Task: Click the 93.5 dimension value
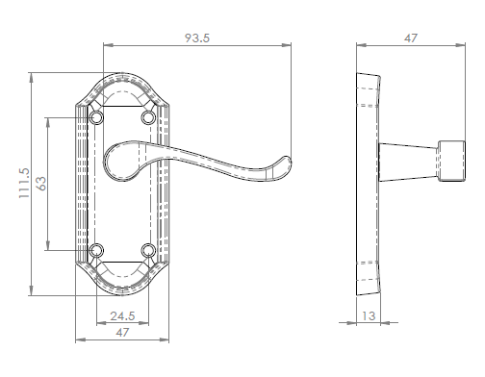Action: pos(197,38)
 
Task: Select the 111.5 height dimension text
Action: pos(24,183)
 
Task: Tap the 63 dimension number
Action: pos(41,184)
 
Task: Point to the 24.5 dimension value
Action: pos(122,316)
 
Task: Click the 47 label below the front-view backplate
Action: pos(122,332)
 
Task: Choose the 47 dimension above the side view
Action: pos(411,38)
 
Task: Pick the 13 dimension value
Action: pos(369,316)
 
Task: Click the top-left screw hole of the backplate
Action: pos(96,117)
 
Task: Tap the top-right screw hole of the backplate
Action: pos(148,117)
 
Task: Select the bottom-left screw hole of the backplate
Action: pos(96,250)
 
